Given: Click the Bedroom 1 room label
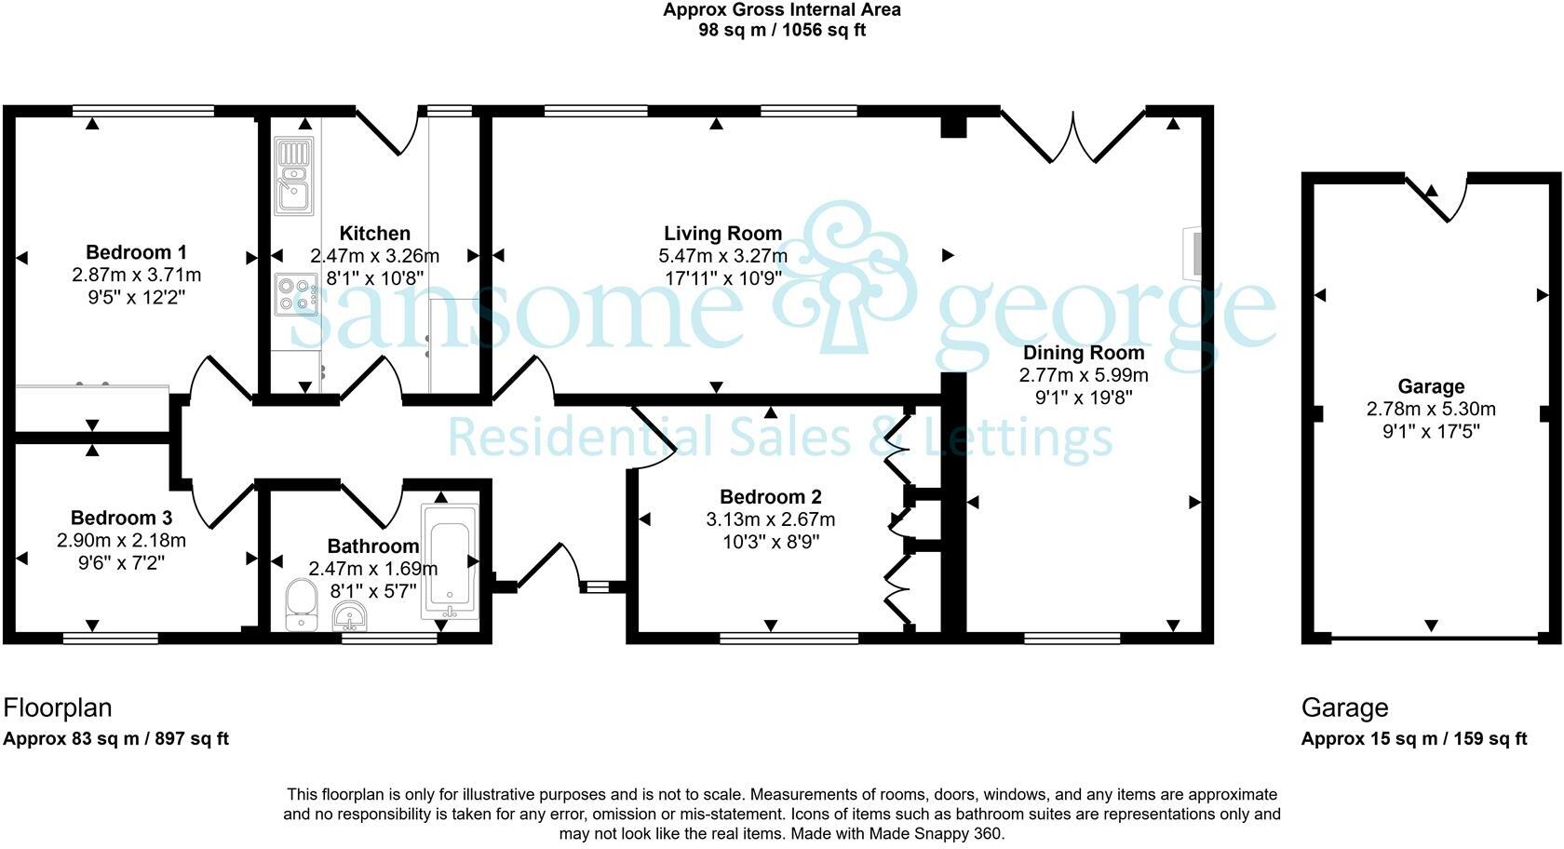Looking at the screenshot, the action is pyautogui.click(x=136, y=252).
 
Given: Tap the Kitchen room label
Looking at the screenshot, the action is pyautogui.click(x=375, y=233).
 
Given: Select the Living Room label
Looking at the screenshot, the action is pyautogui.click(x=722, y=233).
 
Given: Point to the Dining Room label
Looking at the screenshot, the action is pyautogui.click(x=1084, y=353).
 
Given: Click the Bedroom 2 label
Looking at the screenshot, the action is pyautogui.click(x=771, y=497).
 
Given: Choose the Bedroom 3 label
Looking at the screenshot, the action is pyautogui.click(x=121, y=518).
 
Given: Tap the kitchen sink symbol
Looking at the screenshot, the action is pyautogui.click(x=294, y=176).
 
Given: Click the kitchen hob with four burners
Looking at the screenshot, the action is pyautogui.click(x=296, y=294).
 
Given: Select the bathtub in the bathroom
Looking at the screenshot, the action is pyautogui.click(x=450, y=561).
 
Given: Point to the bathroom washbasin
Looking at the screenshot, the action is pyautogui.click(x=350, y=616).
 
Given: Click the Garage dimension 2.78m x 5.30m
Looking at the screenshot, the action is pyautogui.click(x=1432, y=410).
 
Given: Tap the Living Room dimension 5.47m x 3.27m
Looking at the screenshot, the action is pyautogui.click(x=723, y=256).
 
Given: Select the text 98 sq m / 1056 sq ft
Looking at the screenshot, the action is pyautogui.click(x=782, y=30).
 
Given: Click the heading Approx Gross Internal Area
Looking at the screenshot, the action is pyautogui.click(x=782, y=9).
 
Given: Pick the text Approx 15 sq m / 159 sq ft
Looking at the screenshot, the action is pyautogui.click(x=1414, y=739).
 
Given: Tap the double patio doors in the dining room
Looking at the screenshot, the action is pyautogui.click(x=1073, y=136).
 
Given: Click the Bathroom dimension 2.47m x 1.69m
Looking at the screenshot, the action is pyautogui.click(x=373, y=569).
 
